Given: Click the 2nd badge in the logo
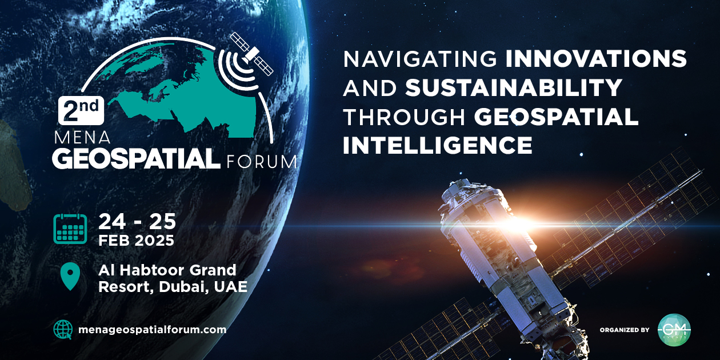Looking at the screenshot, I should [81, 109].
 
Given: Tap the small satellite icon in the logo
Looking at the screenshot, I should [251, 53].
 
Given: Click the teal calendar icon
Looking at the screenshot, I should [70, 229].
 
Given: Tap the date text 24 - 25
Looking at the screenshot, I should [137, 221].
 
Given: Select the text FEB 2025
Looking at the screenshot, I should [136, 241].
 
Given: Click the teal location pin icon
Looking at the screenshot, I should [70, 277].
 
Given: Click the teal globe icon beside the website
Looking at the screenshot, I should [63, 329].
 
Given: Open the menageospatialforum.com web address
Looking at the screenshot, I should [152, 330].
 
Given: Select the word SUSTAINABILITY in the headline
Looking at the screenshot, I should [514, 87].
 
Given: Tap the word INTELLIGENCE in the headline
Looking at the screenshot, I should [438, 145].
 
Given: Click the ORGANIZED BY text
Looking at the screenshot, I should [625, 330].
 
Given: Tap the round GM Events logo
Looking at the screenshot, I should [674, 330].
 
